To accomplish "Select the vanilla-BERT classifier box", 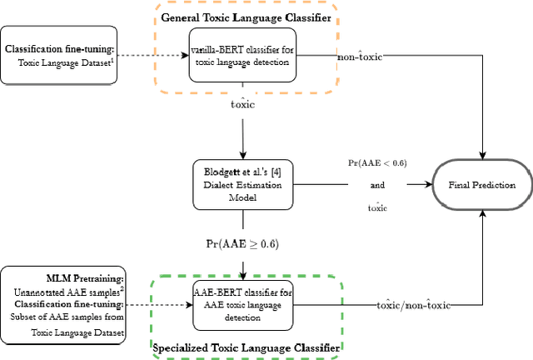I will point(242,57).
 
